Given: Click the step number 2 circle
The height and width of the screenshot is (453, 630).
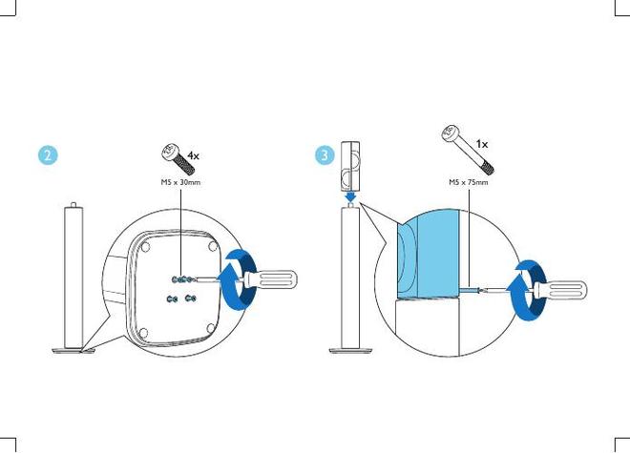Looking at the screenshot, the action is (48, 155).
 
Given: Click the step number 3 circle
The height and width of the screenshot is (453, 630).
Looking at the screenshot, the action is (325, 155).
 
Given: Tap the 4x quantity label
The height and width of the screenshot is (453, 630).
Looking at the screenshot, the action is (193, 155).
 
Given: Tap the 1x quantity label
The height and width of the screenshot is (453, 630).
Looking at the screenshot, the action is (482, 143).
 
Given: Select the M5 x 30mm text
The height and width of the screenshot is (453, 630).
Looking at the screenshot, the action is (180, 182).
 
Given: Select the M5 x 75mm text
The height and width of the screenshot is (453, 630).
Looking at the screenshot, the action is (469, 182).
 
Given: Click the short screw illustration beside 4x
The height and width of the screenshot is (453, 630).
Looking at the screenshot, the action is (178, 159).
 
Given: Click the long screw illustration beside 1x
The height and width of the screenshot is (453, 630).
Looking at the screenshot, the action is (468, 150).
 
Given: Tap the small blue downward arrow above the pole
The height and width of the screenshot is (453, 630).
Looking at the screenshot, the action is (351, 196).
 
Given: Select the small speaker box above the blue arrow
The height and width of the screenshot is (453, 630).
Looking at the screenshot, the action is (350, 165).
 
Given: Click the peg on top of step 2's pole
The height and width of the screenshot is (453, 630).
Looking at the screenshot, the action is (73, 205).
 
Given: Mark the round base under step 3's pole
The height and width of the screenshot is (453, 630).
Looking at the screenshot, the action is (350, 351).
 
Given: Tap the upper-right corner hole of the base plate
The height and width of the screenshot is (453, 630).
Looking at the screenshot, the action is (213, 247).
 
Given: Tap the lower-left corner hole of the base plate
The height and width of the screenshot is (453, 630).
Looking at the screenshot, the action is (143, 333).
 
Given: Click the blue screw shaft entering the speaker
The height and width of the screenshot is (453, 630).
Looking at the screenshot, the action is (471, 289).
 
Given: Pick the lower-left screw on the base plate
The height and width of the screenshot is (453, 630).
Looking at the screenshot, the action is (172, 299).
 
